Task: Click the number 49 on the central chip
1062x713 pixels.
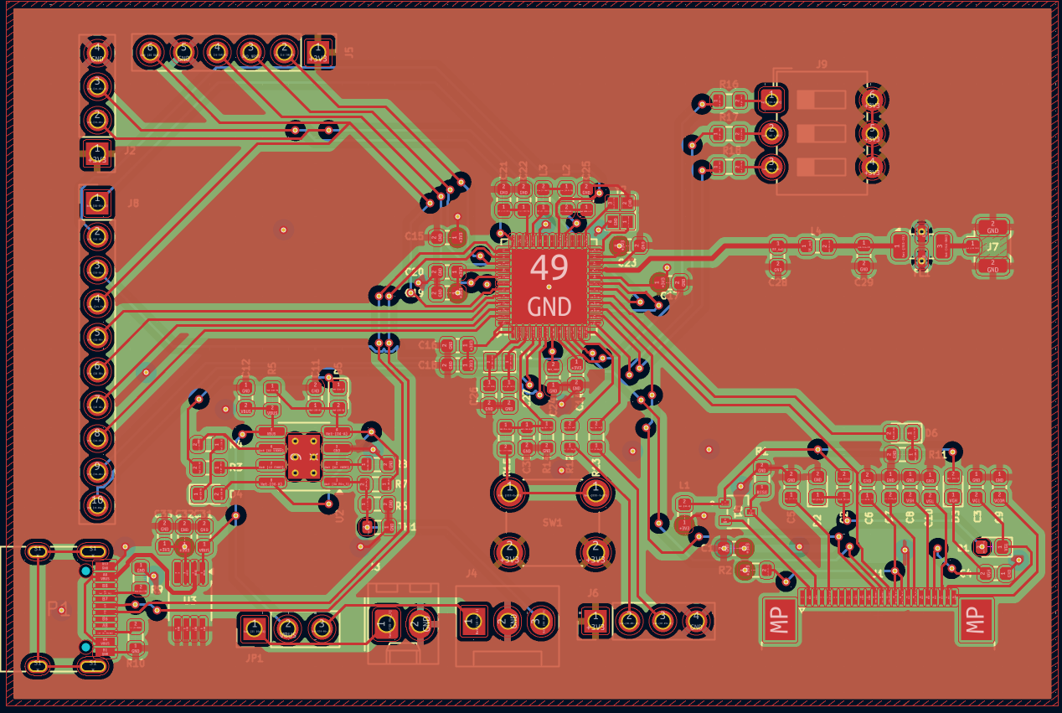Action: pyautogui.click(x=549, y=268)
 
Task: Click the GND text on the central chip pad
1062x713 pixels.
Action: pyautogui.click(x=549, y=307)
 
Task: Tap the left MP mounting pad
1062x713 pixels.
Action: pyautogui.click(x=781, y=621)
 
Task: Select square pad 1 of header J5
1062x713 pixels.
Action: pyautogui.click(x=317, y=52)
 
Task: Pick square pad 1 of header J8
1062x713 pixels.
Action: pyautogui.click(x=97, y=203)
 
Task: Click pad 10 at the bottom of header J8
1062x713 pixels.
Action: pyautogui.click(x=97, y=504)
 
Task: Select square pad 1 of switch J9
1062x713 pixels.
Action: pyautogui.click(x=771, y=100)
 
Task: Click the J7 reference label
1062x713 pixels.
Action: pyautogui.click(x=992, y=247)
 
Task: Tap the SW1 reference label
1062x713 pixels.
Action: pyautogui.click(x=553, y=522)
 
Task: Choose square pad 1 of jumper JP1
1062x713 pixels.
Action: pyautogui.click(x=254, y=628)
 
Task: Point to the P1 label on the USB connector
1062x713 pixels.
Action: pyautogui.click(x=59, y=609)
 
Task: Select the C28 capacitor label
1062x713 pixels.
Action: pyautogui.click(x=778, y=283)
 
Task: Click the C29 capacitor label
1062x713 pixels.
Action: pyautogui.click(x=864, y=283)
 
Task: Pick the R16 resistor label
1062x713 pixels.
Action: pyautogui.click(x=729, y=85)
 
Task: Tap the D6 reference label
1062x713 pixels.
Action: pyautogui.click(x=931, y=433)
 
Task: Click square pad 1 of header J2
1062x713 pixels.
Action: pyautogui.click(x=97, y=152)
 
